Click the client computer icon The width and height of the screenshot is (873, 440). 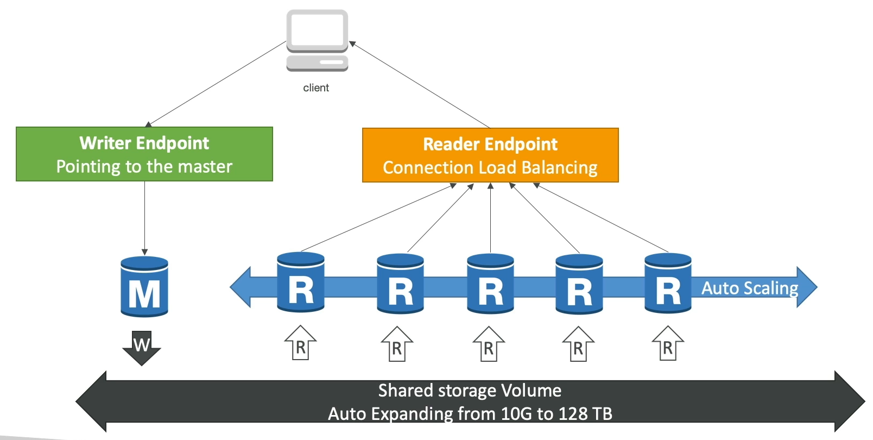click(x=317, y=40)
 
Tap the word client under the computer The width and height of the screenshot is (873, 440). click(x=316, y=88)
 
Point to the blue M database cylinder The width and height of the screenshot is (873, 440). click(x=144, y=287)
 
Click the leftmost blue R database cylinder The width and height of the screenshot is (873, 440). click(x=301, y=282)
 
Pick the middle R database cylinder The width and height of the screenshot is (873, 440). click(x=490, y=284)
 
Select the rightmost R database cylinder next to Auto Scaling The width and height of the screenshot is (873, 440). click(x=668, y=284)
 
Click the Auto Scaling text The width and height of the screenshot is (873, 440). click(x=750, y=288)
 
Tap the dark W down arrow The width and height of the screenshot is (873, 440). click(x=142, y=348)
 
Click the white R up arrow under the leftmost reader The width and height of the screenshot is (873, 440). click(x=300, y=343)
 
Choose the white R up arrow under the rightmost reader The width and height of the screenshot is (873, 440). click(x=668, y=343)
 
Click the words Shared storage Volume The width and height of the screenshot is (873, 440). click(x=470, y=391)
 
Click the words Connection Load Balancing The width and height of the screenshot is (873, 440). click(x=490, y=168)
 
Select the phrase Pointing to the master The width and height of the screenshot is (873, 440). click(x=144, y=166)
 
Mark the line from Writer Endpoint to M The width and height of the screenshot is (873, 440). click(x=144, y=217)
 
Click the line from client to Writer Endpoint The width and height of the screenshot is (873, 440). click(x=217, y=83)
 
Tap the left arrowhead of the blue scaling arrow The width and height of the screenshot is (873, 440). click(x=241, y=287)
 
